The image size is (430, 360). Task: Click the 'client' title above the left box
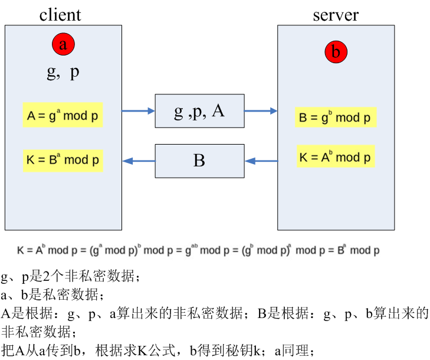[60, 14]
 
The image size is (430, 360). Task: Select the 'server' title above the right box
[335, 14]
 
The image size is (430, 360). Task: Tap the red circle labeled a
[63, 43]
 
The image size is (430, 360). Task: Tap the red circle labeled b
[336, 53]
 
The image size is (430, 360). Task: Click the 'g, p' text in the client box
[63, 72]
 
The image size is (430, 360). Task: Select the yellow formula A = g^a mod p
[63, 116]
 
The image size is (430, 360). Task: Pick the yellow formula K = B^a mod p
[63, 160]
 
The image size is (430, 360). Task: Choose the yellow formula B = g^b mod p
[335, 117]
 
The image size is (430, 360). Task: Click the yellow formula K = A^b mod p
[335, 157]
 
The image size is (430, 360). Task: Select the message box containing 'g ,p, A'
[199, 111]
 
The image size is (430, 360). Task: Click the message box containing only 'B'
[199, 161]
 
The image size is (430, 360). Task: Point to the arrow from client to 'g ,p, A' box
[138, 110]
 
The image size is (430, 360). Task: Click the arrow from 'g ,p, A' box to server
[261, 110]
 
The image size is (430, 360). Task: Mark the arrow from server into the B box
[261, 160]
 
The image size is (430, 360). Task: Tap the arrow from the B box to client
[138, 160]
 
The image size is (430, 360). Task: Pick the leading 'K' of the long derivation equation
[21, 251]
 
